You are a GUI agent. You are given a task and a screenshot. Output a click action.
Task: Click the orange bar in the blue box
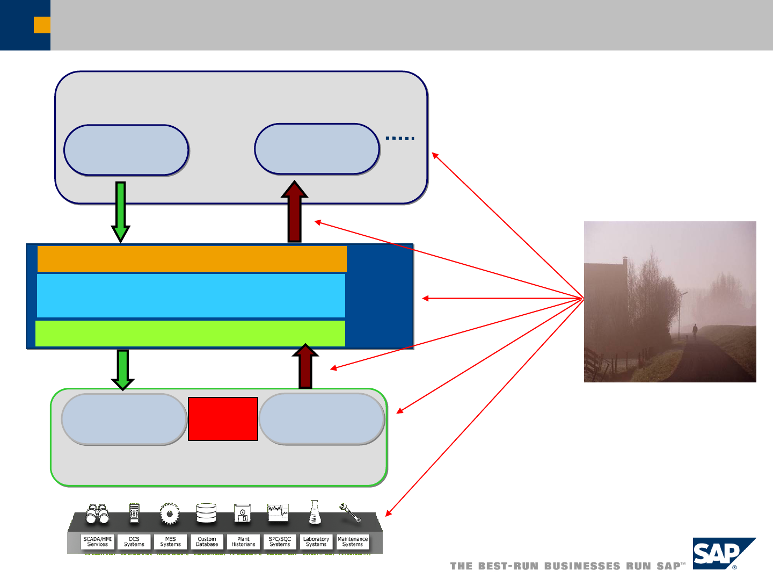(x=192, y=258)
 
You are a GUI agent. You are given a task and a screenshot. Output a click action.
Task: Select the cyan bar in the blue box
(x=191, y=295)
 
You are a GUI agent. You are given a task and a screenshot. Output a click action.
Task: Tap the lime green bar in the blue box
(x=190, y=334)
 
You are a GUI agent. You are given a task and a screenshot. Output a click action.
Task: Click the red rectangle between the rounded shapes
(x=223, y=419)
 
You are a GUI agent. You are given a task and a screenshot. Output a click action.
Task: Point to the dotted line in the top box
(x=400, y=139)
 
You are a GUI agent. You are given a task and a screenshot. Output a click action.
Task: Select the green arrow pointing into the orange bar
(x=121, y=212)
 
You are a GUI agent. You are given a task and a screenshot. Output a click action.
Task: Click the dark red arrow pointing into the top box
(x=294, y=212)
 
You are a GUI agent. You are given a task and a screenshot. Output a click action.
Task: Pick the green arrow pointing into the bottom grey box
(x=122, y=370)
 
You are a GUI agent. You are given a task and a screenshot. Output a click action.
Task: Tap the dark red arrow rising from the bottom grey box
(x=305, y=366)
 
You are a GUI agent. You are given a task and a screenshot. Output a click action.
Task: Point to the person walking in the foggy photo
(x=695, y=332)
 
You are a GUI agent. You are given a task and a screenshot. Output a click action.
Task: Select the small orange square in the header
(x=42, y=25)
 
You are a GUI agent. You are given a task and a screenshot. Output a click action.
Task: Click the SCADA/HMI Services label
(x=98, y=541)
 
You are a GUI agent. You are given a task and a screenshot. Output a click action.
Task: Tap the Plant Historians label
(x=243, y=541)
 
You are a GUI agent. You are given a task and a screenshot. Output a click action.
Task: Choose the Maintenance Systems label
(x=353, y=541)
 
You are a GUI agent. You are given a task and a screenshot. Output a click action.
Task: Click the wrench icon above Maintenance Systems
(x=350, y=512)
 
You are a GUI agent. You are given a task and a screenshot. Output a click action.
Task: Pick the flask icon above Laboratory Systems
(x=315, y=512)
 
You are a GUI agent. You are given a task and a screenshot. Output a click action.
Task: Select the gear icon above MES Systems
(x=170, y=513)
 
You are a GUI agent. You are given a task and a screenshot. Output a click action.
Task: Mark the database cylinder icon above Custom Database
(x=206, y=513)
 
